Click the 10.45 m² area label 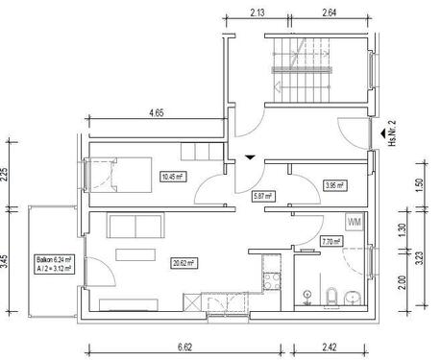point(173,176)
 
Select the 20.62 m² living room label point(184,261)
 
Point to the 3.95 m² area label point(334,184)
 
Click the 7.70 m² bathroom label point(332,243)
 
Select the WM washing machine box point(353,222)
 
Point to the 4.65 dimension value point(155,112)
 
